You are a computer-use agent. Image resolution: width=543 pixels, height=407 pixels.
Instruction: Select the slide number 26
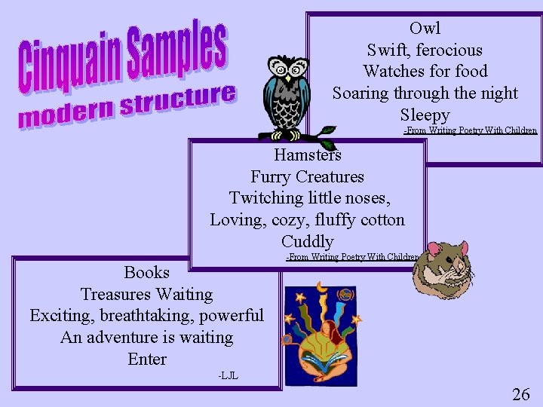pyautogui.click(x=520, y=393)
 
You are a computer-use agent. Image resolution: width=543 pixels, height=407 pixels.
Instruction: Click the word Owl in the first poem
pyautogui.click(x=425, y=29)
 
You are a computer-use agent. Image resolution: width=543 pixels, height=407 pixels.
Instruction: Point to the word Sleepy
pyautogui.click(x=425, y=115)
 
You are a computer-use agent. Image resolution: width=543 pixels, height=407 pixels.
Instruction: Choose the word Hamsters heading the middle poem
pyautogui.click(x=307, y=155)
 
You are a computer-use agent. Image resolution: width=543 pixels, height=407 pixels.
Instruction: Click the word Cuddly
pyautogui.click(x=307, y=241)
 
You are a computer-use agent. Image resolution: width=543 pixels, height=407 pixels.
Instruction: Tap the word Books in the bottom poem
pyautogui.click(x=147, y=272)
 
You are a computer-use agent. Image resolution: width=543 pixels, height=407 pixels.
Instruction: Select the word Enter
pyautogui.click(x=147, y=359)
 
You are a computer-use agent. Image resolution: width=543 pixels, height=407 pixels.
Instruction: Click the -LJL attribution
pyautogui.click(x=228, y=375)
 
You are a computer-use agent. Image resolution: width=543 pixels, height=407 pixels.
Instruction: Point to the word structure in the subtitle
pyautogui.click(x=178, y=102)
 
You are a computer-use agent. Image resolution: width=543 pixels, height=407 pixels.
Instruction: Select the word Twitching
pyautogui.click(x=264, y=198)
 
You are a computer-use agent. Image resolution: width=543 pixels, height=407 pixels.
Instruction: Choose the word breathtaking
pyautogui.click(x=146, y=315)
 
